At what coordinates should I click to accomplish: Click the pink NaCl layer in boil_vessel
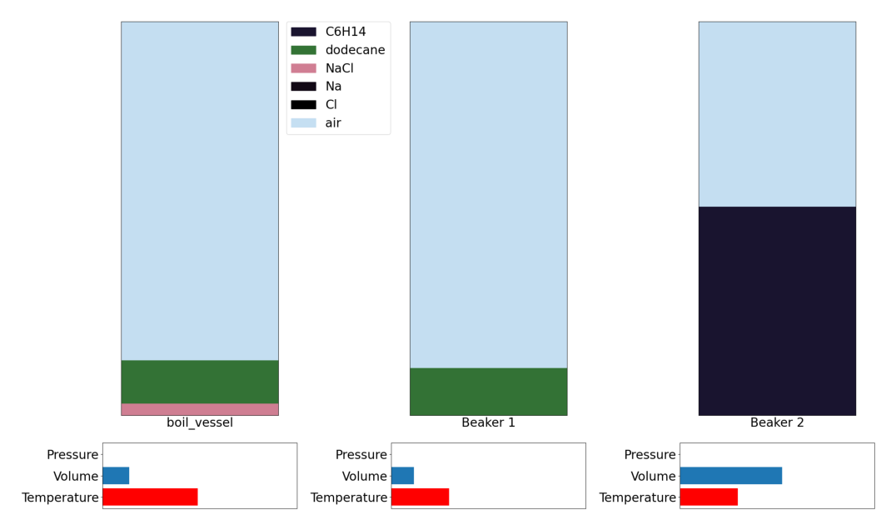[x=199, y=409]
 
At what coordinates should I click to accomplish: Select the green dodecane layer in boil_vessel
[x=199, y=382]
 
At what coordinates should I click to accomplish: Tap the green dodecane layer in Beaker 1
[x=489, y=392]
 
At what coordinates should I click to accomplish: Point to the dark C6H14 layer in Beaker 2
[x=777, y=311]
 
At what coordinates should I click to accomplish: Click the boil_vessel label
[x=200, y=422]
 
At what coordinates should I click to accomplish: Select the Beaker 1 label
[x=489, y=422]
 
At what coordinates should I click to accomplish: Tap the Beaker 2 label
[x=777, y=422]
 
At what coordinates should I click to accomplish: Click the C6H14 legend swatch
[x=303, y=32]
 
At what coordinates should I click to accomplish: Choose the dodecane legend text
[x=355, y=50]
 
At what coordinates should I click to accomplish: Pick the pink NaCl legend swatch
[x=303, y=68]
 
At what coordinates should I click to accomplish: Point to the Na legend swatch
[x=303, y=87]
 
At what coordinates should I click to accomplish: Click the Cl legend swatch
[x=303, y=105]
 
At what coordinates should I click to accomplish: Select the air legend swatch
[x=303, y=123]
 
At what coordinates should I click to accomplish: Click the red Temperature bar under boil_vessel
[x=150, y=497]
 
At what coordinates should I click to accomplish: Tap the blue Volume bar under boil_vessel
[x=116, y=476]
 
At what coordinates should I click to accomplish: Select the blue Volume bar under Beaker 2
[x=731, y=476]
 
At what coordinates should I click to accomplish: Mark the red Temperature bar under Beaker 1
[x=420, y=497]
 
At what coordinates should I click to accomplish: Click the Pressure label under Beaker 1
[x=361, y=454]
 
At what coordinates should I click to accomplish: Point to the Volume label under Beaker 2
[x=653, y=477]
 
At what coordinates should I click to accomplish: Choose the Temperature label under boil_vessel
[x=60, y=498]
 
